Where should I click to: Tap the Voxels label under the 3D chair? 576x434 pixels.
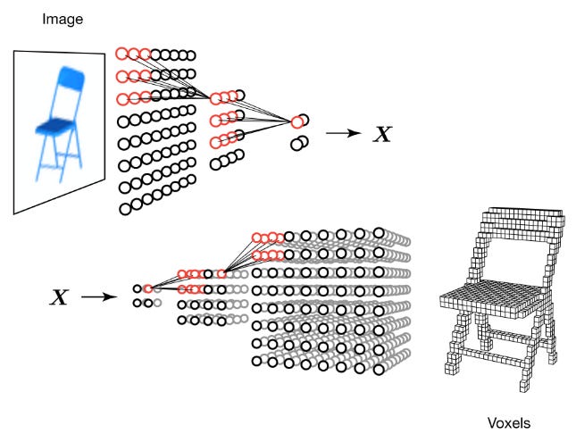click(507, 421)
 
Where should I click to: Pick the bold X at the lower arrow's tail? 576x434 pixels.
click(59, 296)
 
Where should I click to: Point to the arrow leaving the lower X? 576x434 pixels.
click(98, 296)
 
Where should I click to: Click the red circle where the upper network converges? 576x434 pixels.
click(296, 122)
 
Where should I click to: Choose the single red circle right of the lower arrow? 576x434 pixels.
click(148, 289)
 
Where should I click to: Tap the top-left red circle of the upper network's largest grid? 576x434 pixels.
click(121, 54)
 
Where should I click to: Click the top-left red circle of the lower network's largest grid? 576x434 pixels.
click(256, 237)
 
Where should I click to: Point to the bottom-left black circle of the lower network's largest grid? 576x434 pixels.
click(257, 361)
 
